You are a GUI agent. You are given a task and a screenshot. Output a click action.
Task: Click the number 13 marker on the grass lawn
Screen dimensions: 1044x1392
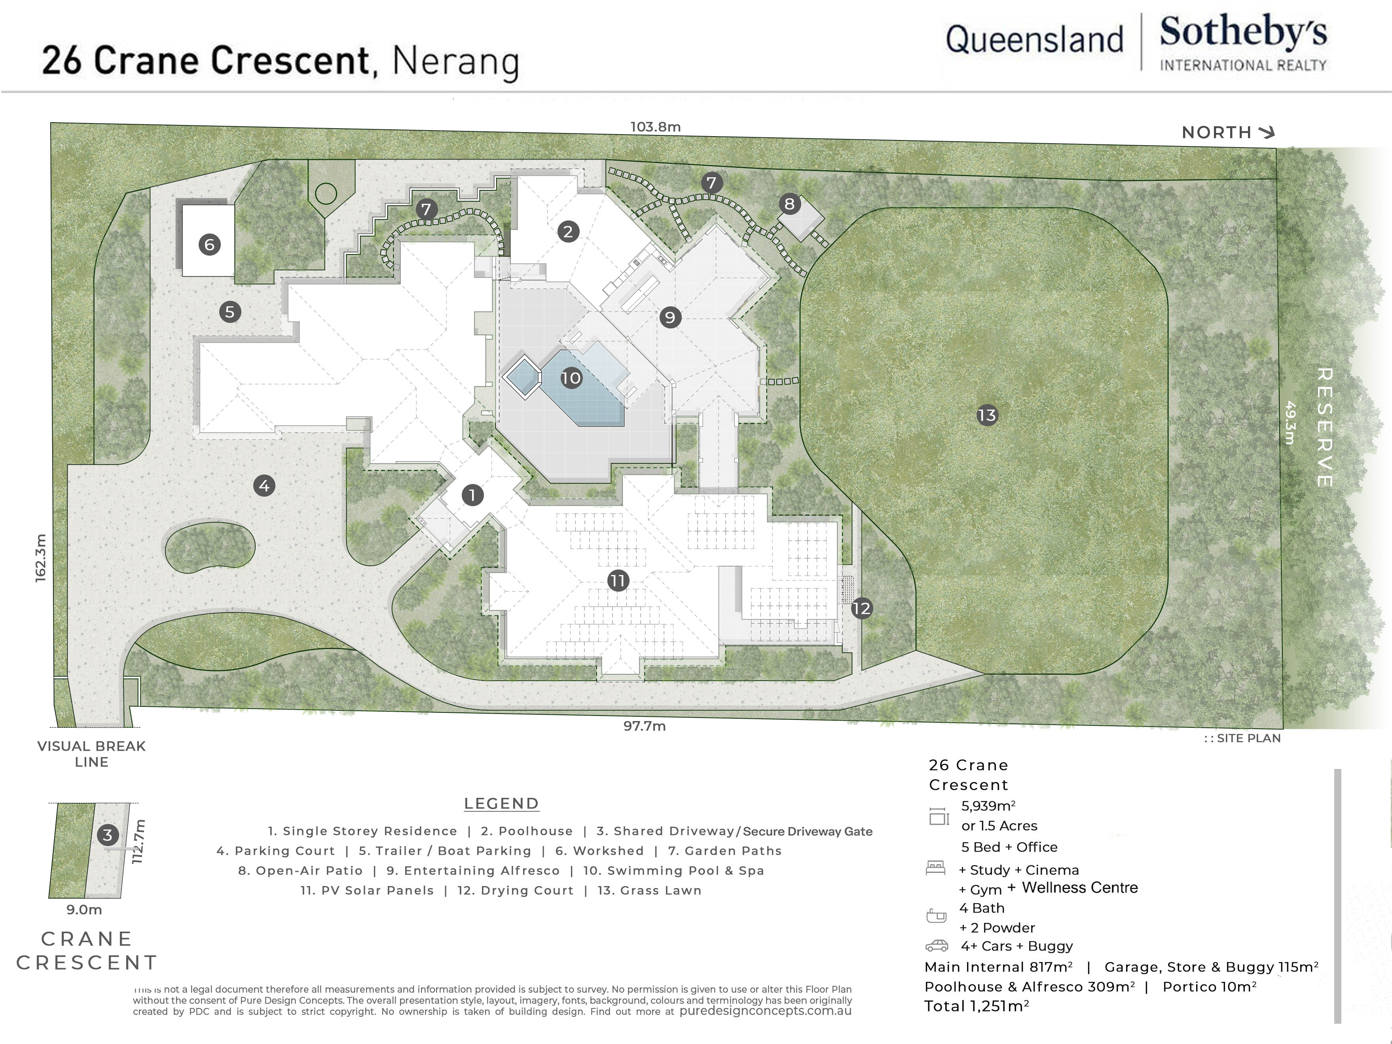[987, 415]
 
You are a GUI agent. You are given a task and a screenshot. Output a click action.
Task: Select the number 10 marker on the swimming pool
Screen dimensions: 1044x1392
[571, 378]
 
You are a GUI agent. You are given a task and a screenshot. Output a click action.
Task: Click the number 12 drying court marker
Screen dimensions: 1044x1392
[861, 609]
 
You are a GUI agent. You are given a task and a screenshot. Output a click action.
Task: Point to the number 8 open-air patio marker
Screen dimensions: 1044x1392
[789, 204]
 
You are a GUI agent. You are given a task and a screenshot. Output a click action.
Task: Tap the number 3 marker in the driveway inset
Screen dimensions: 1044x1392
[108, 835]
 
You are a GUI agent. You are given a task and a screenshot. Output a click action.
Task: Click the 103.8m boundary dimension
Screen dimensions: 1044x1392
[655, 127]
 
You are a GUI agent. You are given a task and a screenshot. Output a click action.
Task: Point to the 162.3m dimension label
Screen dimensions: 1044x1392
[40, 558]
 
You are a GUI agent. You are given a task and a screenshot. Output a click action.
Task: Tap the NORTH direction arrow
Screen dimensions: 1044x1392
[1266, 132]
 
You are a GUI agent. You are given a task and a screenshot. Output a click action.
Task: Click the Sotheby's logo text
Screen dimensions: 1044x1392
[1243, 33]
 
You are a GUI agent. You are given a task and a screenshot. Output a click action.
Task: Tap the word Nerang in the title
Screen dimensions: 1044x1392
[455, 62]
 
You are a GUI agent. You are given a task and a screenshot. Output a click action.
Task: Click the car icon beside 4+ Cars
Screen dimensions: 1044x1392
[937, 946]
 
